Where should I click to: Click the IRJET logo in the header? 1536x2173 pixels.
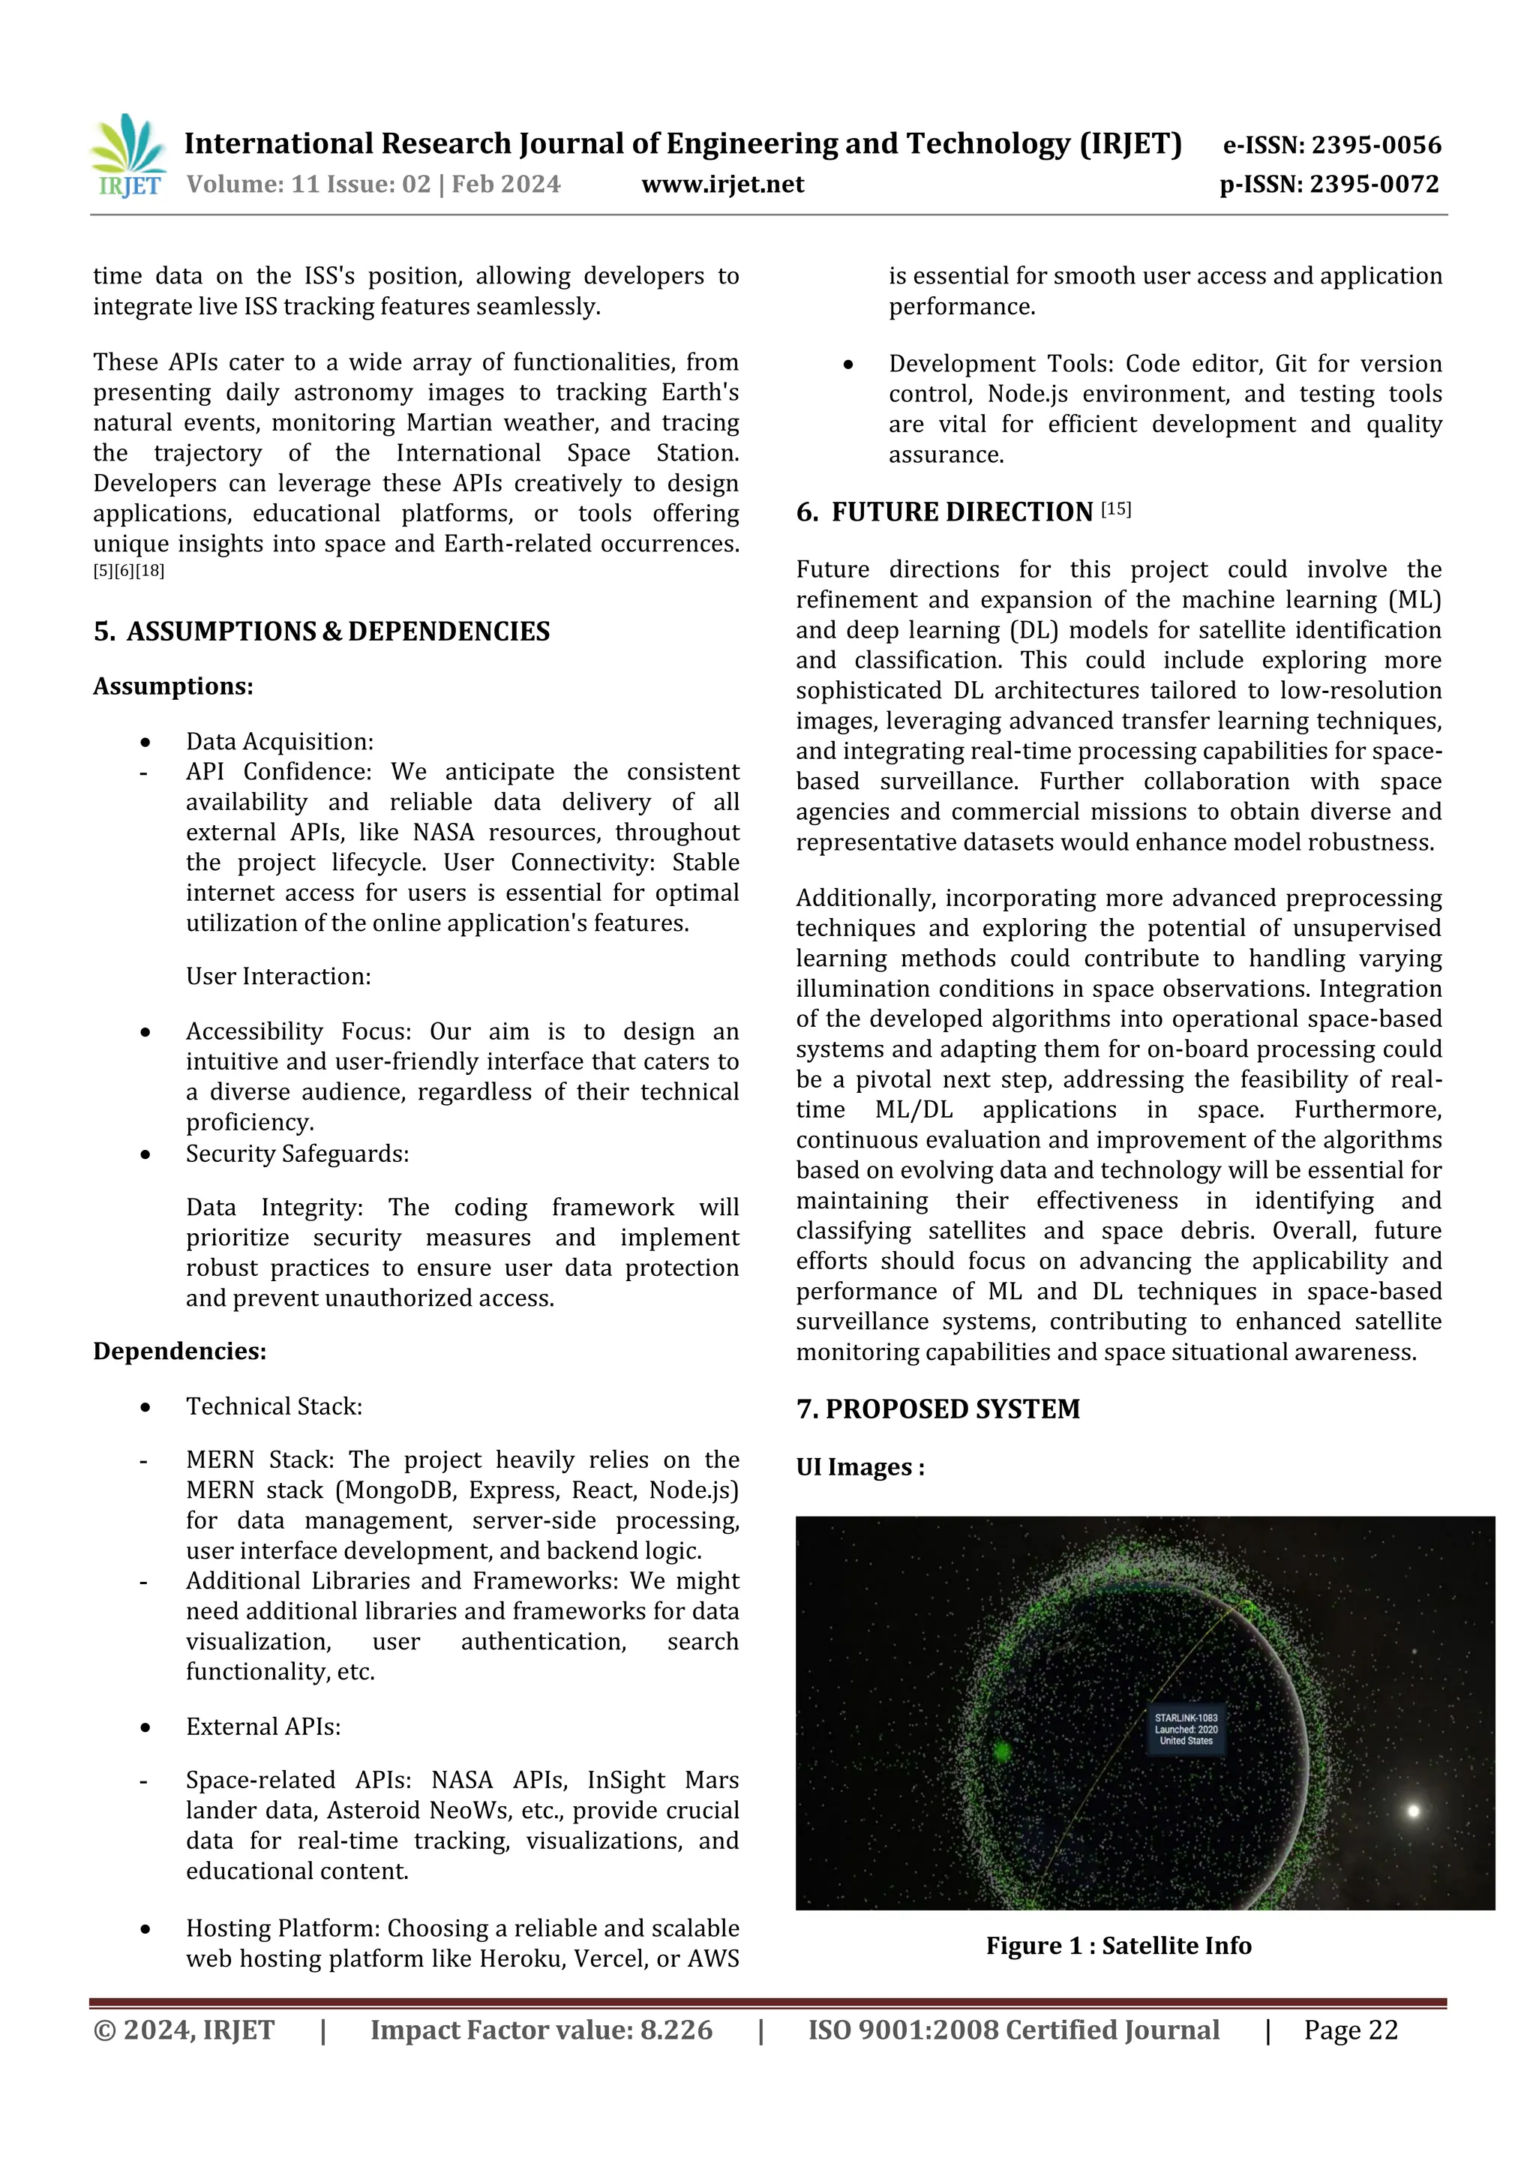pyautogui.click(x=129, y=156)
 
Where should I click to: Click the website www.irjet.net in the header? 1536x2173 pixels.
pyautogui.click(x=722, y=184)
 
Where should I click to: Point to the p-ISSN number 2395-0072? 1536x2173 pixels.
pyautogui.click(x=1373, y=184)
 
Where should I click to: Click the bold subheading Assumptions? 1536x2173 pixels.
pyautogui.click(x=173, y=686)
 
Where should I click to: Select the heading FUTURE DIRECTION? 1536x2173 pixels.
pyautogui.click(x=961, y=512)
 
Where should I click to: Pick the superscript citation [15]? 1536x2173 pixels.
pyautogui.click(x=1116, y=509)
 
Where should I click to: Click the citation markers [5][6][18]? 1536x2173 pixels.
pyautogui.click(x=129, y=571)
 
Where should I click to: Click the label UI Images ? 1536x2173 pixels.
pyautogui.click(x=860, y=1467)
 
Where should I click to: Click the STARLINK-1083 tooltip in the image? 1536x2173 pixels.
pyautogui.click(x=1186, y=1729)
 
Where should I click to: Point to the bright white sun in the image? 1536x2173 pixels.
pyautogui.click(x=1413, y=1811)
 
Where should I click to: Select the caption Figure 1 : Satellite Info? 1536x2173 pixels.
pyautogui.click(x=1117, y=1945)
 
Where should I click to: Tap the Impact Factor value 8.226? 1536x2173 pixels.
pyautogui.click(x=676, y=2029)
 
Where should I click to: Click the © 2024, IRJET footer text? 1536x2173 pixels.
pyautogui.click(x=184, y=2029)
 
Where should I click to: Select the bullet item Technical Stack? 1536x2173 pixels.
pyautogui.click(x=274, y=1406)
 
